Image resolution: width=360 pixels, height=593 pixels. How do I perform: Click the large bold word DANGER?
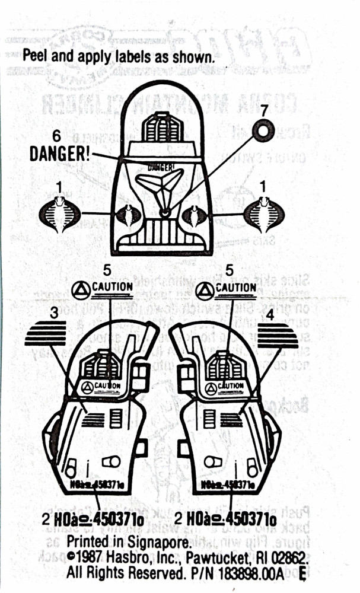[60, 154]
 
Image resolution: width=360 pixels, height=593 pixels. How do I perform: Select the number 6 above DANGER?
[57, 136]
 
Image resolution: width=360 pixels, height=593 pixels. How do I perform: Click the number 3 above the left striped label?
[54, 315]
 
